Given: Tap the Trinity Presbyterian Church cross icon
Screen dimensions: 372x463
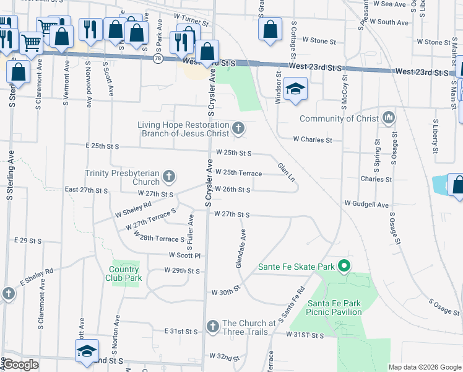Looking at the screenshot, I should point(168,178).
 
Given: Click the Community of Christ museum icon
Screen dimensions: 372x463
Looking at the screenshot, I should point(389,117).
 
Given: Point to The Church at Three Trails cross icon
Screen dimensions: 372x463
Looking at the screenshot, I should point(212,327).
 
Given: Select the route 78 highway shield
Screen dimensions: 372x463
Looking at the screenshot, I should point(158,58).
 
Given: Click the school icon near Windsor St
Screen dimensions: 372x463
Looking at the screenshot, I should point(296,89).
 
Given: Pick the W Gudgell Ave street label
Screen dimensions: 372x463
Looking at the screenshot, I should point(366,204).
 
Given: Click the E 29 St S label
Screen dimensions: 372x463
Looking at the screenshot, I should point(27,241).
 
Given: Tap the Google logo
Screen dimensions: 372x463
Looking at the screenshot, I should point(20,365).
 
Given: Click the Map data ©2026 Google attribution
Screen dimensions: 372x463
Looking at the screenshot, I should point(424,367).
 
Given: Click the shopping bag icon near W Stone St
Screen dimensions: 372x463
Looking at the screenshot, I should point(269,29).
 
